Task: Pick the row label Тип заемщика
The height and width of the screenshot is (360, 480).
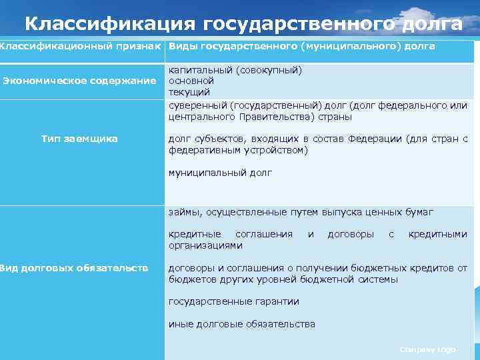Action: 79,139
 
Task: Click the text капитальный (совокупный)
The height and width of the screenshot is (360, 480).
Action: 235,69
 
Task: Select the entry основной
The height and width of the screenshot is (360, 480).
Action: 189,81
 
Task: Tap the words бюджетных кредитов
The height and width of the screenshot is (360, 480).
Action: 409,268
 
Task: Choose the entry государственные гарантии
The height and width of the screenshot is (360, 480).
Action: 234,301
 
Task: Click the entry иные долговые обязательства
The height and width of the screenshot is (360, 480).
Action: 242,324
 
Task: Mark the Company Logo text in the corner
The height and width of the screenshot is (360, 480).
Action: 428,349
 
